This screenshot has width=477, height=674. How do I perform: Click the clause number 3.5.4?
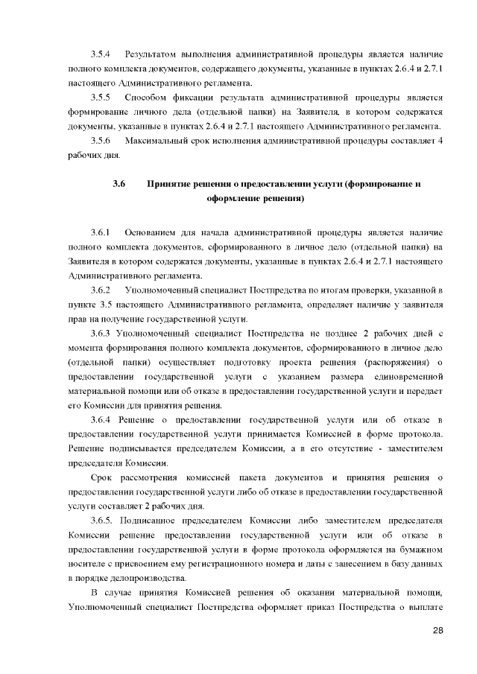click(x=101, y=55)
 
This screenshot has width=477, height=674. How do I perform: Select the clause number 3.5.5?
click(x=101, y=98)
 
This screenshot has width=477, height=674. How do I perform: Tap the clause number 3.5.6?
click(x=101, y=141)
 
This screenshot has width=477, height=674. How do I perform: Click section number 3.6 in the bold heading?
click(x=119, y=184)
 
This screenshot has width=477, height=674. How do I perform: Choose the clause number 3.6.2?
click(x=101, y=290)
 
